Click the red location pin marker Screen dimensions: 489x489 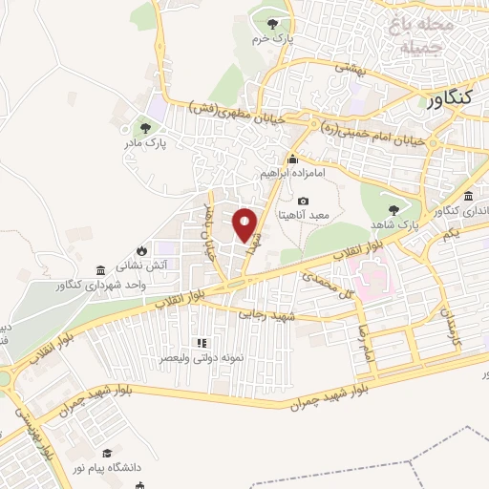pyautogui.click(x=246, y=225)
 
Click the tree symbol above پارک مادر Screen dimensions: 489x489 pyautogui.click(x=145, y=126)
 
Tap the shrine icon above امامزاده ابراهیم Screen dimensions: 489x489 pyautogui.click(x=293, y=159)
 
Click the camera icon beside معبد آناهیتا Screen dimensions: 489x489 pyautogui.click(x=303, y=201)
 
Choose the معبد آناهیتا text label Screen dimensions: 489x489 pyautogui.click(x=303, y=216)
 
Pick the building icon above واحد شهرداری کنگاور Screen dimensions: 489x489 pyautogui.click(x=101, y=270)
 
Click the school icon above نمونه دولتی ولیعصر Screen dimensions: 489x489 pyautogui.click(x=201, y=342)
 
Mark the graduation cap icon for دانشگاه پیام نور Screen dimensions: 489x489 pyautogui.click(x=108, y=454)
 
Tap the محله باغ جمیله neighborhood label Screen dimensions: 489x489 pyautogui.click(x=421, y=32)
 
